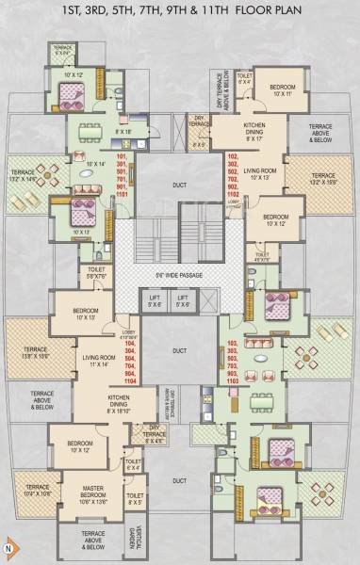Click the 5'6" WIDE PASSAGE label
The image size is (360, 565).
(180, 276)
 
